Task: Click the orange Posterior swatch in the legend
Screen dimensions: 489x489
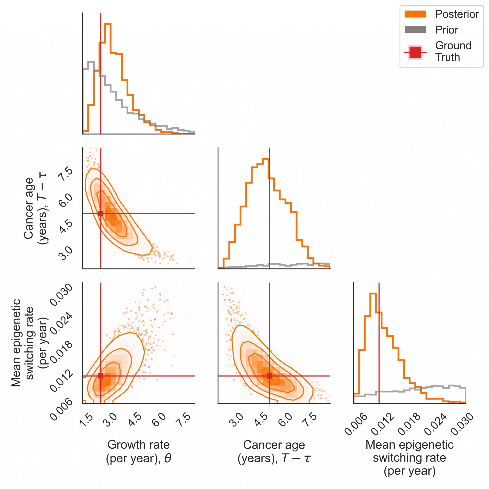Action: (415, 14)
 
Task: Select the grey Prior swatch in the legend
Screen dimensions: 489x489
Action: (415, 30)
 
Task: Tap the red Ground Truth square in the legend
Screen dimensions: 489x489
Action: (415, 52)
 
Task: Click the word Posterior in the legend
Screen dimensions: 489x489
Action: (457, 14)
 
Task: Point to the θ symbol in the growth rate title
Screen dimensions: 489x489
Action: (168, 458)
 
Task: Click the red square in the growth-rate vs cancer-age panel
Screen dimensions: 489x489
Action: (101, 213)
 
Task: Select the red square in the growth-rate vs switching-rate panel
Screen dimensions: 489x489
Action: (101, 376)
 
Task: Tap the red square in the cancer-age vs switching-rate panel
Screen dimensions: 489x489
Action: (269, 376)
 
